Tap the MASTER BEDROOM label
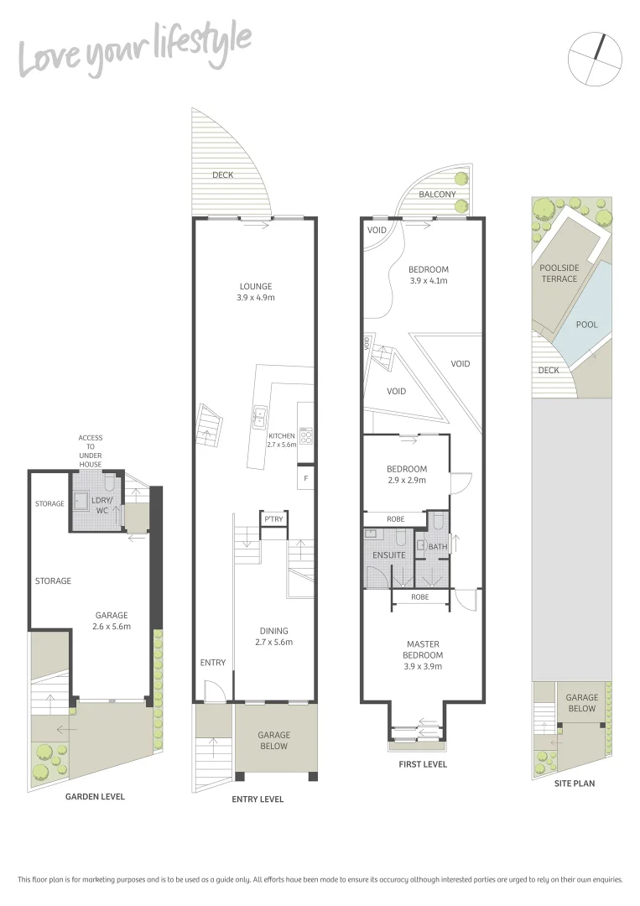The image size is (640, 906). click(x=423, y=655)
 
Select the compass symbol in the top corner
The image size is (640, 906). click(x=595, y=58)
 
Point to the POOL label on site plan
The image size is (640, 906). click(x=587, y=324)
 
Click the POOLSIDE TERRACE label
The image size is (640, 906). click(x=559, y=273)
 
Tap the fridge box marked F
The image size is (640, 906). click(x=305, y=479)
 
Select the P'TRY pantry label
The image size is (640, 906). click(x=273, y=519)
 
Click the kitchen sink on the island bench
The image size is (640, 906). click(x=260, y=413)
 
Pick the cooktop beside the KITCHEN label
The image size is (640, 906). click(x=305, y=436)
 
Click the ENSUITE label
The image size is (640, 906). click(x=389, y=555)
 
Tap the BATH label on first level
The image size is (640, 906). click(x=438, y=547)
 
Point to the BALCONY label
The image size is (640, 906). click(x=437, y=195)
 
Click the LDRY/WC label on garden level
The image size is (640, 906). click(x=101, y=505)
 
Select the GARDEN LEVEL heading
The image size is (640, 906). click(x=95, y=796)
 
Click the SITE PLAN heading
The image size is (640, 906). click(x=575, y=783)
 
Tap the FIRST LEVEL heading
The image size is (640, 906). click(x=423, y=764)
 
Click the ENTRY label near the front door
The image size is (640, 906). click(x=213, y=662)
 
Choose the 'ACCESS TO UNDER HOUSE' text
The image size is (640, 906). click(x=91, y=450)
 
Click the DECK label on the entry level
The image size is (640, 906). click(x=222, y=175)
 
